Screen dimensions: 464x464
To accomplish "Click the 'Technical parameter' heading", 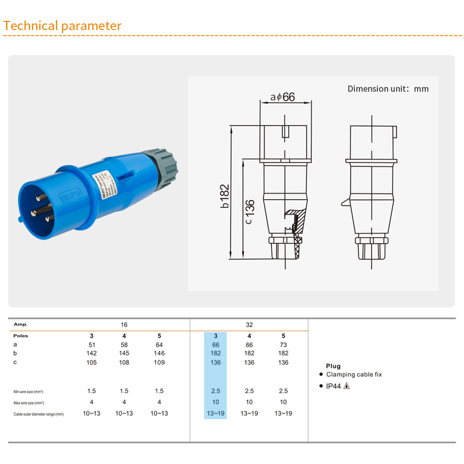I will click(62, 26).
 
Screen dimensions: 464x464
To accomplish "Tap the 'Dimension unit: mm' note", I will click(388, 89).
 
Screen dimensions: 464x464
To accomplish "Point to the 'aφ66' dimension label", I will click(283, 97).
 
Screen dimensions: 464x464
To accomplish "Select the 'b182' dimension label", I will click(225, 196).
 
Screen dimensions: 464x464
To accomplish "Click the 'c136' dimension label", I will click(249, 212).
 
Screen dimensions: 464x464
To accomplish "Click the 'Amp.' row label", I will click(21, 324).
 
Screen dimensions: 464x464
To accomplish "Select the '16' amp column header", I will click(124, 324).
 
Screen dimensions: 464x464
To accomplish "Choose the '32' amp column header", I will click(249, 324).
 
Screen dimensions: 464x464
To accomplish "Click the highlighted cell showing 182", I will click(216, 353).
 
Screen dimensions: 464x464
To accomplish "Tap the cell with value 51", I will click(92, 345).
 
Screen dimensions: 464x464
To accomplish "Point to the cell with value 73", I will click(283, 345).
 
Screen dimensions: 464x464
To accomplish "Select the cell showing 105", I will click(92, 363).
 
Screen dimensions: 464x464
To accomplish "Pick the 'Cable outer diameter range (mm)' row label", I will click(39, 414).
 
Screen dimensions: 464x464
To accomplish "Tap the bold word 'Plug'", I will click(333, 366).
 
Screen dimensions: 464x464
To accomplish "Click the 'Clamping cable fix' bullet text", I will click(354, 374).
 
